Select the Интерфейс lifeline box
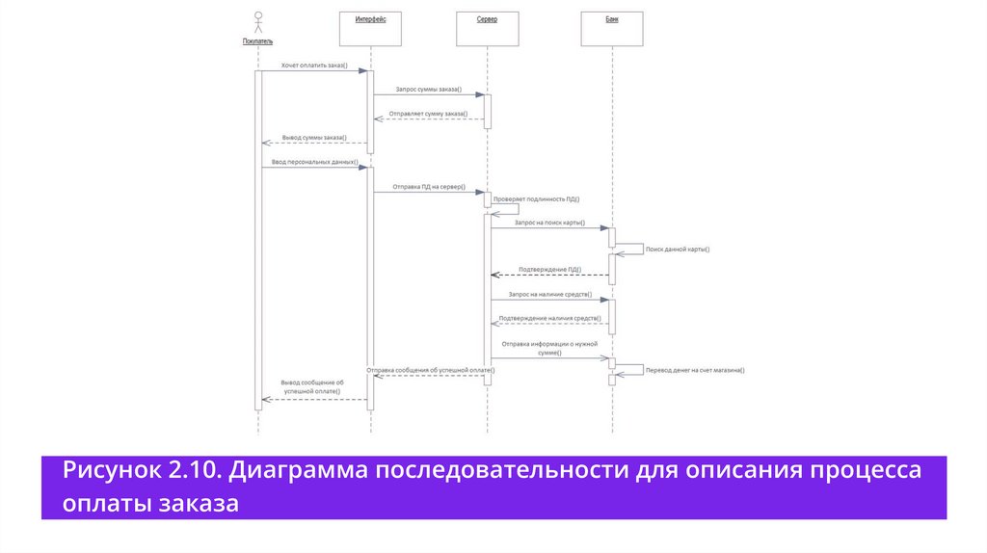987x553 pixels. coord(370,28)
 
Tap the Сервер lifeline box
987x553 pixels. coord(487,28)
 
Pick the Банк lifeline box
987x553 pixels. coord(612,28)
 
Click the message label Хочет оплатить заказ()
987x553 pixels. coord(314,66)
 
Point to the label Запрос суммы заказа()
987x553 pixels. coord(429,89)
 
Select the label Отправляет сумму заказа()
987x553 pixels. coord(428,115)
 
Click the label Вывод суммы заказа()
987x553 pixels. coord(314,138)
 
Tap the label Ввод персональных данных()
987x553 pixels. coord(314,162)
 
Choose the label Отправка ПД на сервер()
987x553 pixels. coord(429,187)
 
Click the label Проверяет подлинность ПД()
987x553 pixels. coord(536,198)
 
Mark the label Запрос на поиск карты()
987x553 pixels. coord(549,223)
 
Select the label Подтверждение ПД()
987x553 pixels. coord(549,270)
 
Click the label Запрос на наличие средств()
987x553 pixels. coord(549,294)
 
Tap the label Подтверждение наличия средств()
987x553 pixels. coord(549,318)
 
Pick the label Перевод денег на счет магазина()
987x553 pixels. coord(695,370)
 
